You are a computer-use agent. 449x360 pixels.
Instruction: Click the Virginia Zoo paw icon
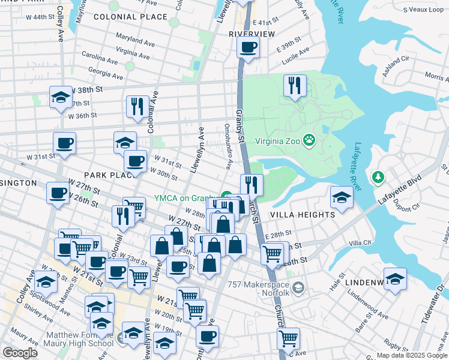coord(309,140)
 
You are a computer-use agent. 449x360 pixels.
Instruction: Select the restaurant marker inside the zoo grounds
coord(295,85)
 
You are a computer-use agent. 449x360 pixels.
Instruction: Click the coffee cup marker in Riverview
coord(248,47)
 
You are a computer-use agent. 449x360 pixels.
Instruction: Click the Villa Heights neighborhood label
coord(303,214)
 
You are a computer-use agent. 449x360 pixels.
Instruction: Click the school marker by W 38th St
coord(61,97)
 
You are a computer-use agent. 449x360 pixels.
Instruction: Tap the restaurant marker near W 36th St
coord(137,106)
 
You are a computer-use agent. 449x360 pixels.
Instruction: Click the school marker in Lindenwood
coord(395,279)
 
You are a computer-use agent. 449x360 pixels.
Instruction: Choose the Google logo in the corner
coord(20,353)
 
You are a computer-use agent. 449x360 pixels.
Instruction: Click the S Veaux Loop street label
coord(424,10)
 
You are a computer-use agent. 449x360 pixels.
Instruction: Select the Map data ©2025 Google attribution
coord(411,355)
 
